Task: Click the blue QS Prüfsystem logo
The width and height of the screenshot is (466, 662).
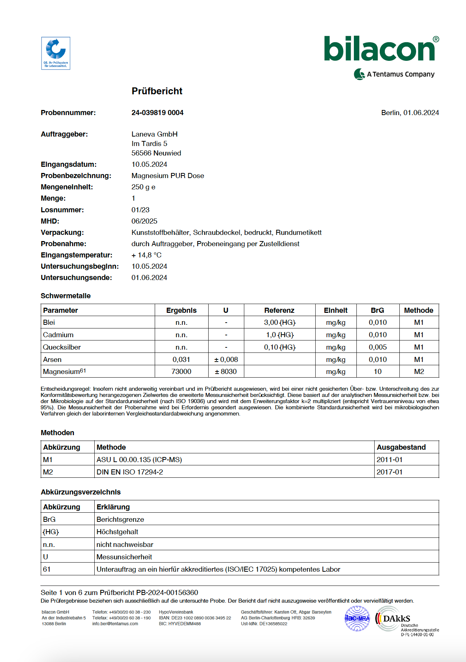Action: [56, 53]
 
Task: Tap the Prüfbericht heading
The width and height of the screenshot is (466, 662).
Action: [157, 91]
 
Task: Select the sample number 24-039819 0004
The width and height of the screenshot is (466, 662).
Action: [157, 113]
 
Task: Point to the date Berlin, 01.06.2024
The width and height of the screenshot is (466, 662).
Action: [410, 113]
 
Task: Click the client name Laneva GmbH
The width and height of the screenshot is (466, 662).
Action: [154, 134]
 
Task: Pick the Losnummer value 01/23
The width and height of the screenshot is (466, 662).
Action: [141, 210]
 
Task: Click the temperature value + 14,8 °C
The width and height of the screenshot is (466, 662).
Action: [146, 255]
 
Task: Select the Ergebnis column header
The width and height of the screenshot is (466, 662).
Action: [181, 311]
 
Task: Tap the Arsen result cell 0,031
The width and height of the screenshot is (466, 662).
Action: [181, 360]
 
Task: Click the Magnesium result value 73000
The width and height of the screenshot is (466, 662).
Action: [181, 372]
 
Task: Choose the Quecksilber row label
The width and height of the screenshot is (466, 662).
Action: [62, 347]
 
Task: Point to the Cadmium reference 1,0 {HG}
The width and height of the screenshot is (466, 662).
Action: [280, 335]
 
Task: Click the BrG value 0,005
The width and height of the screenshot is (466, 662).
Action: [378, 347]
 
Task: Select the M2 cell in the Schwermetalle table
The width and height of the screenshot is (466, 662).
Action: [419, 372]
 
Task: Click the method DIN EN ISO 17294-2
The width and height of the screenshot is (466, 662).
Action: [130, 472]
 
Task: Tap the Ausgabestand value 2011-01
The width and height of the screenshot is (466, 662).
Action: [389, 460]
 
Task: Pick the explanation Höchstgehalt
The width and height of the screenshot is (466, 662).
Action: [117, 532]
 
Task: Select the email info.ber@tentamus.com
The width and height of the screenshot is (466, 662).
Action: [115, 624]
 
